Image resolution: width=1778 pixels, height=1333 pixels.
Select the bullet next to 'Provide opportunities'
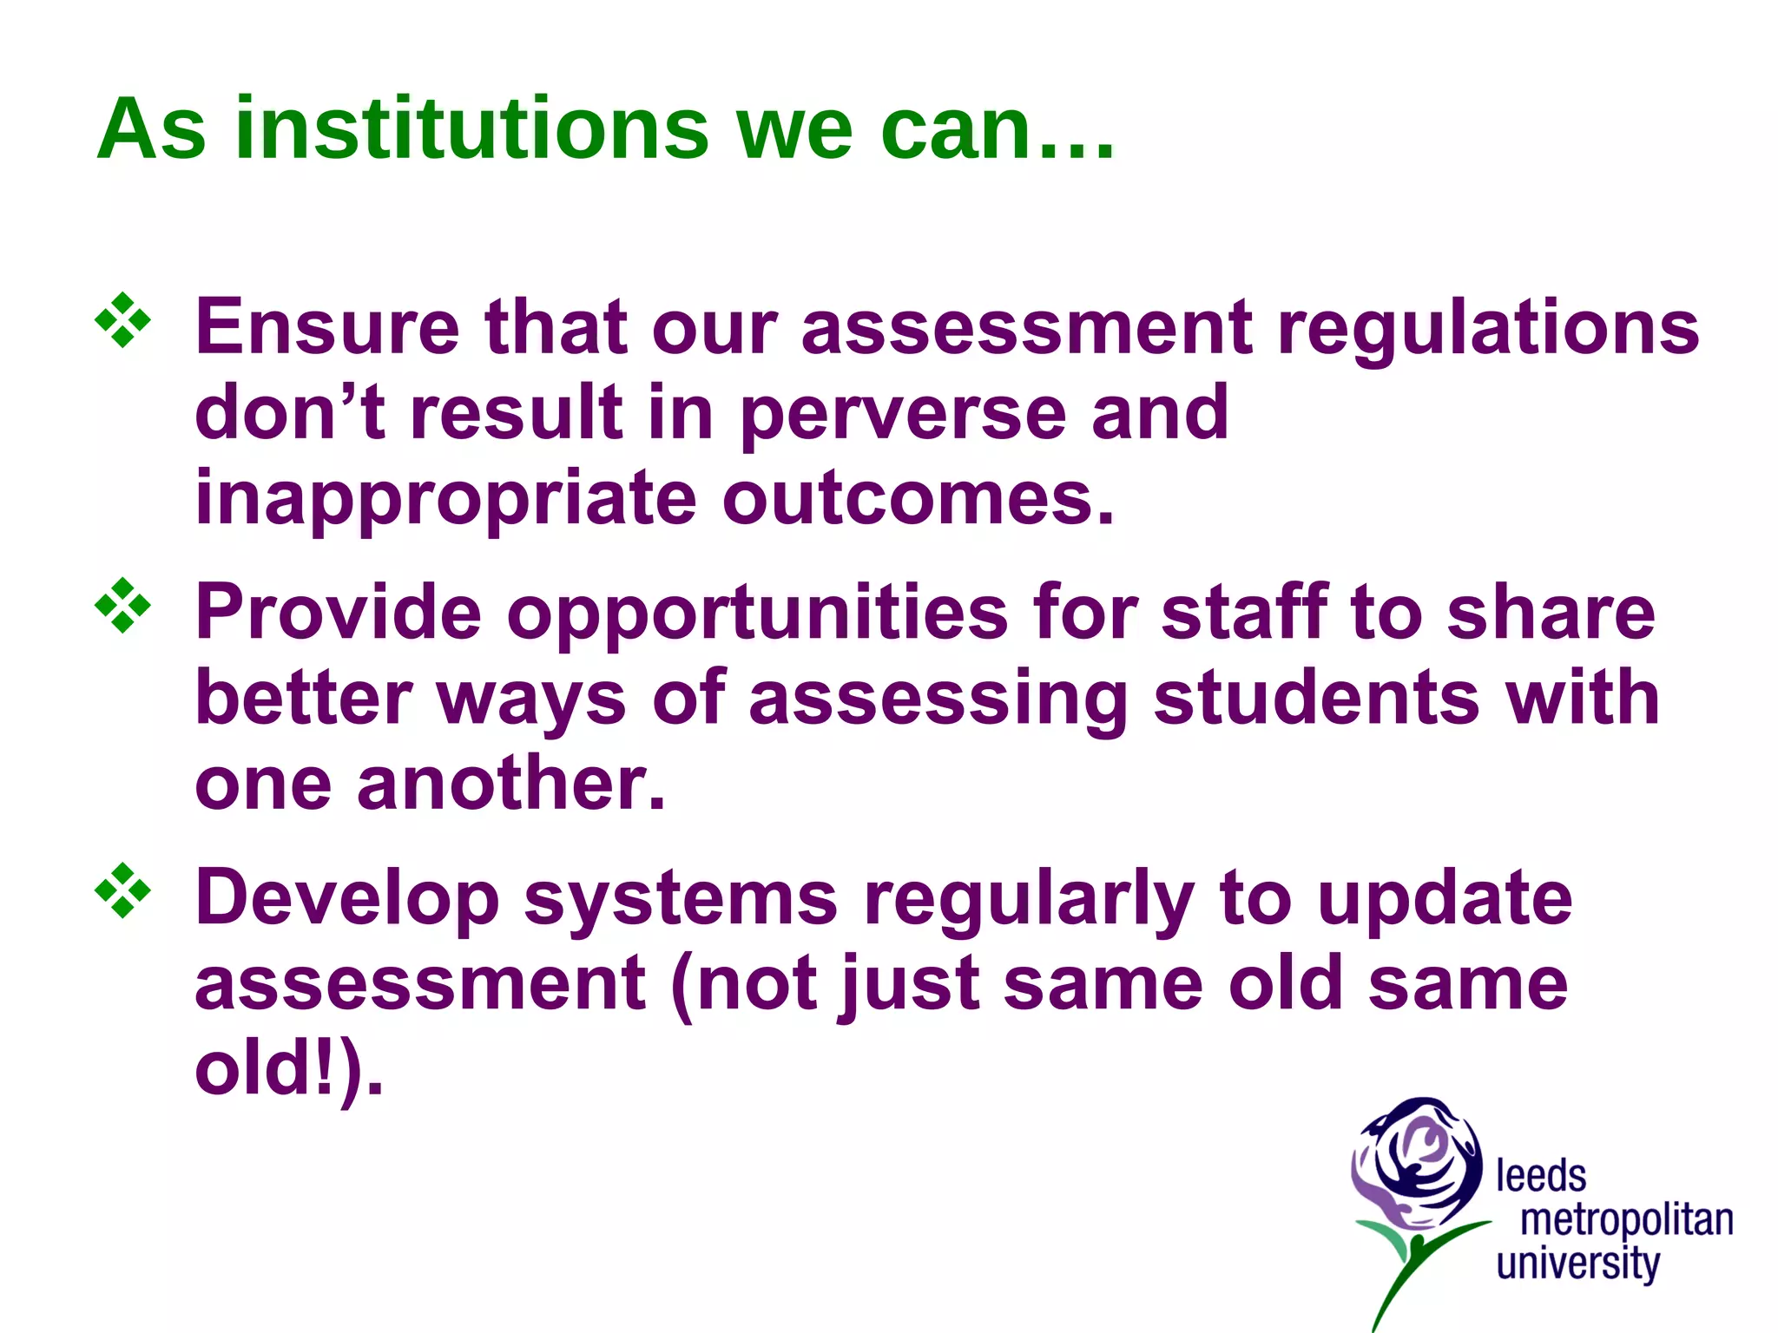click(122, 605)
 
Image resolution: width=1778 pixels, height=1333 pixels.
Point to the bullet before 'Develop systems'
click(122, 890)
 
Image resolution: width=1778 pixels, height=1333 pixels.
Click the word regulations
click(1488, 330)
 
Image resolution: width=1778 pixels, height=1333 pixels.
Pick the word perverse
click(903, 415)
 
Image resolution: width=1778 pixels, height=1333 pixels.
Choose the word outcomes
click(918, 501)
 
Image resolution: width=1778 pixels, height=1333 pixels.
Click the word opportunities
click(757, 613)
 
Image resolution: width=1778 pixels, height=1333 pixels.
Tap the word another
click(511, 785)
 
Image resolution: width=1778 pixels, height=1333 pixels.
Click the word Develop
click(347, 899)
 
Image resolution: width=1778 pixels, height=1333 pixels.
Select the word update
click(1444, 899)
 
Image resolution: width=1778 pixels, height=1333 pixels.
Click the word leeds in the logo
click(1541, 1177)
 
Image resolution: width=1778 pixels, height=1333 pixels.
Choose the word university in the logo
click(1578, 1264)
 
